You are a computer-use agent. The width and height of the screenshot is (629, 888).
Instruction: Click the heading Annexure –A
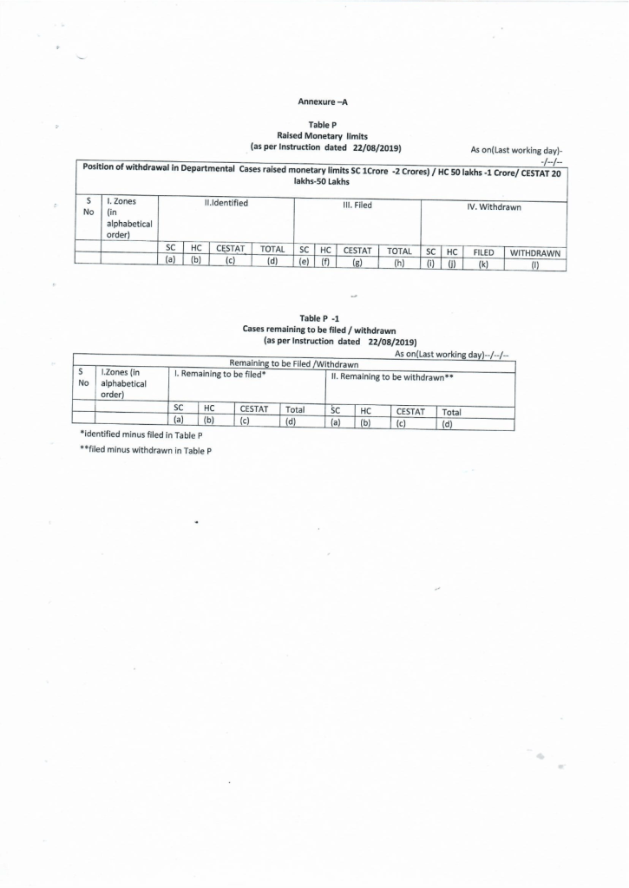pos(323,102)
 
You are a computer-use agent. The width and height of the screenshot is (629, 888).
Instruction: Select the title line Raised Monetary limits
pos(323,136)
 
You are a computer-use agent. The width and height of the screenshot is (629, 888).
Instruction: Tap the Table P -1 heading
pos(323,318)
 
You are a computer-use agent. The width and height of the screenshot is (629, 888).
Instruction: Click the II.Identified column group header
pos(226,203)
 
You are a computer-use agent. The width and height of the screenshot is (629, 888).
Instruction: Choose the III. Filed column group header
pos(357,206)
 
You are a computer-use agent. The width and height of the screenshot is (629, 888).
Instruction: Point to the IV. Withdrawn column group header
pos(494,207)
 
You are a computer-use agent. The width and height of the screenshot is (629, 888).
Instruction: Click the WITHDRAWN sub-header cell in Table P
pos(535,253)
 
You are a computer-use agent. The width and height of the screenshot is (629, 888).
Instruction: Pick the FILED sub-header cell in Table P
pos(483,252)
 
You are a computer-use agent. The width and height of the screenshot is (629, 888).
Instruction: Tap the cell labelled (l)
pos(535,265)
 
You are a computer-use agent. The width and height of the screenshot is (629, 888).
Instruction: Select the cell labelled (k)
pos(483,264)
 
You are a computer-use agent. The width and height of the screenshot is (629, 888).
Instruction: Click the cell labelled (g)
pos(357,263)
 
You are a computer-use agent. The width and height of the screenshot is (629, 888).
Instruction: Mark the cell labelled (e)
pos(305,262)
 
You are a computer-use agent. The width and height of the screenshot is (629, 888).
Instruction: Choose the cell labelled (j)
pos(452,264)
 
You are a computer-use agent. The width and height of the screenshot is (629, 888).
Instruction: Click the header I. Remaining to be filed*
pos(220,374)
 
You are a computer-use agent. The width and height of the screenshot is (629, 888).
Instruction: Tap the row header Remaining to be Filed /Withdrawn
pos(294,363)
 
